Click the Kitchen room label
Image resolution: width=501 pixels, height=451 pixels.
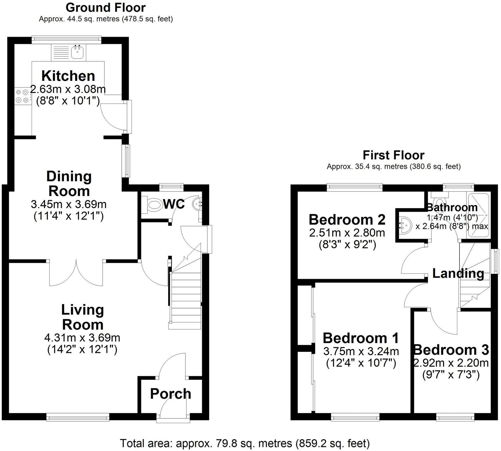pyautogui.click(x=68, y=76)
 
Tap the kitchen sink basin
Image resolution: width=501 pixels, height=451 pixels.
pyautogui.click(x=77, y=52)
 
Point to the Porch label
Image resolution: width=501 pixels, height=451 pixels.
pyautogui.click(x=170, y=394)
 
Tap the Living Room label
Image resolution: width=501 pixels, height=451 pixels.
pyautogui.click(x=82, y=317)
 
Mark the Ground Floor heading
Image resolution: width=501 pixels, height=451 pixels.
pyautogui.click(x=106, y=7)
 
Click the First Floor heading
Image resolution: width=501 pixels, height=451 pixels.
pyautogui.click(x=393, y=155)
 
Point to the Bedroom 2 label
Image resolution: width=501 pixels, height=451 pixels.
pyautogui.click(x=347, y=219)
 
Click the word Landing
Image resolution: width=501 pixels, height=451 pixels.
pyautogui.click(x=458, y=273)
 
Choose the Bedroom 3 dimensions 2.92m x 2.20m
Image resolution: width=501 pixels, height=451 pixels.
pyautogui.click(x=451, y=362)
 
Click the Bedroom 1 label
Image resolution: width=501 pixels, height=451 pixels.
pyautogui.click(x=361, y=338)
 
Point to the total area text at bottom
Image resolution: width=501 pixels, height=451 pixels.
pyautogui.click(x=245, y=443)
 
